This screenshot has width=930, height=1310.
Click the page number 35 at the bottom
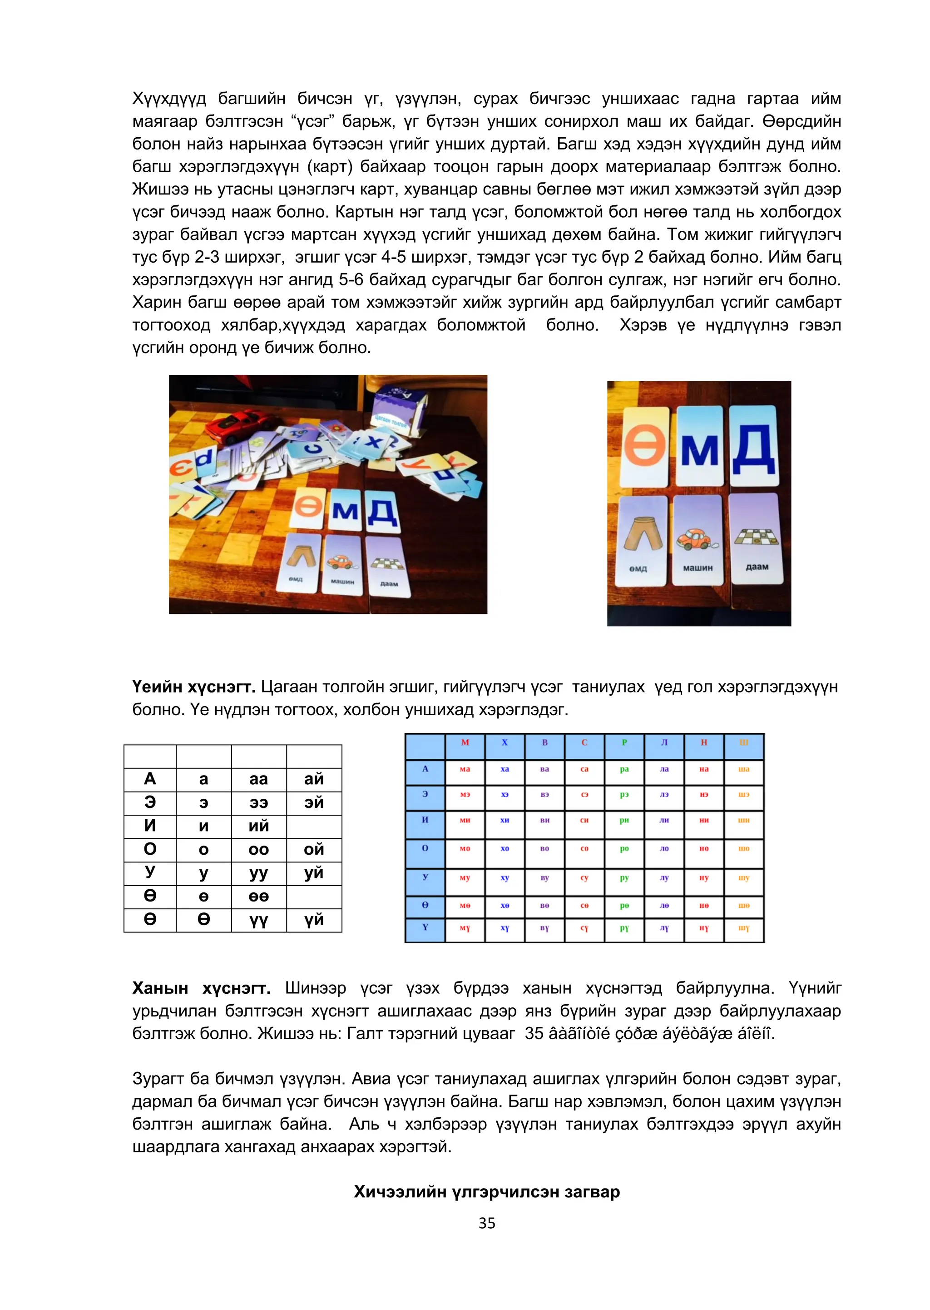(487, 1223)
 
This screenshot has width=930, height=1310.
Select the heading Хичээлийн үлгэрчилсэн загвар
(487, 1191)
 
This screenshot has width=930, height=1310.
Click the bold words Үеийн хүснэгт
(193, 687)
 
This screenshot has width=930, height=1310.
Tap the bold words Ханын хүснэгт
(201, 988)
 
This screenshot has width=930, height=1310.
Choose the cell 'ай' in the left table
(314, 779)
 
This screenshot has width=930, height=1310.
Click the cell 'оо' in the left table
(259, 849)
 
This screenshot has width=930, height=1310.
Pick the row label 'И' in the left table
(150, 826)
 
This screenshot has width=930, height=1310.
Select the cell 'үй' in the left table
(314, 920)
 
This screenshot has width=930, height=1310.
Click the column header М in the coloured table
(465, 742)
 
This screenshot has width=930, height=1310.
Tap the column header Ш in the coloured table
(743, 742)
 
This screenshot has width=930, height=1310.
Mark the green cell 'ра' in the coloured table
(624, 769)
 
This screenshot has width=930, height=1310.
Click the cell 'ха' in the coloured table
(505, 769)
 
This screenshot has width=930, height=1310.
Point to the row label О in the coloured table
(425, 848)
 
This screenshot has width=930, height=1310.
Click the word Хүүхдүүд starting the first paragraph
(169, 99)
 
